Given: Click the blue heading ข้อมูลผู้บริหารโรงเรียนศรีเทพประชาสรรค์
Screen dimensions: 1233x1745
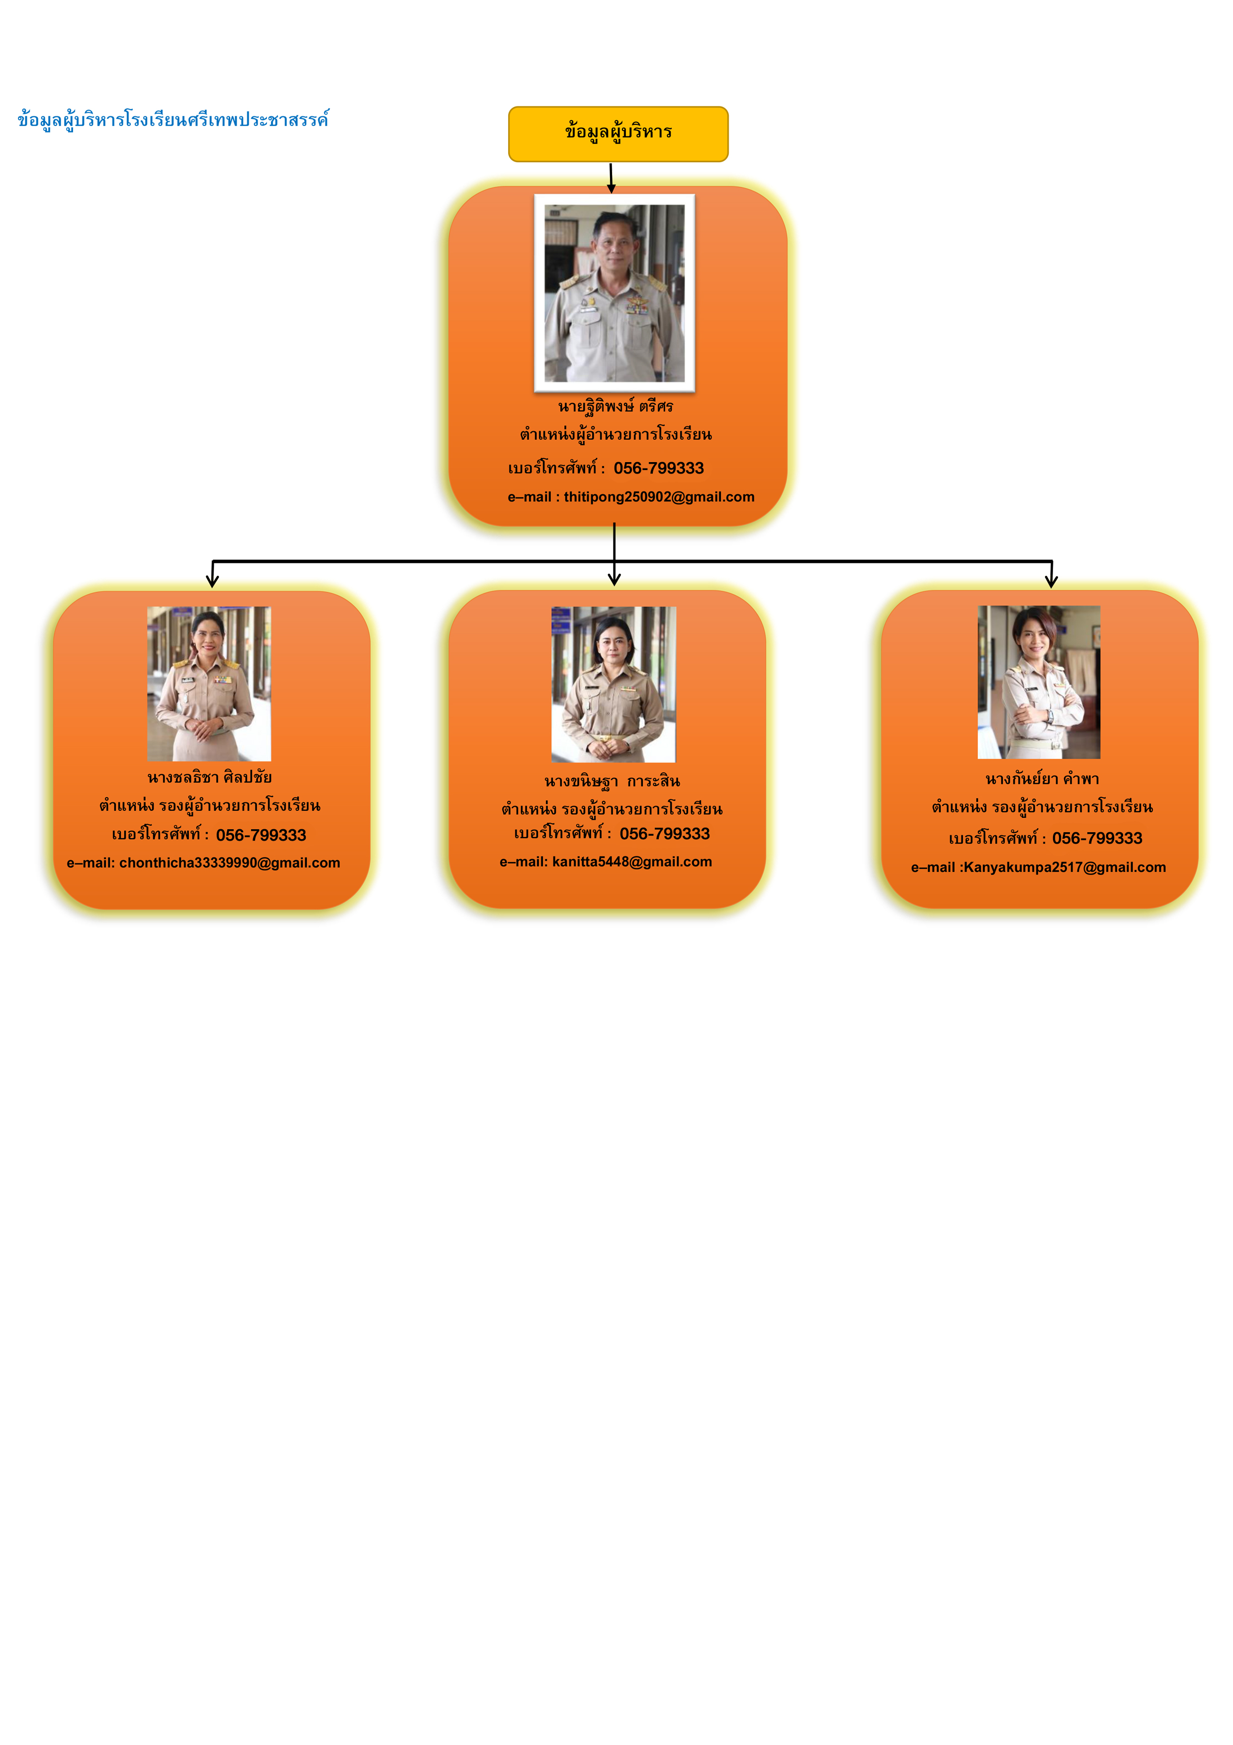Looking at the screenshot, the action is click(x=173, y=120).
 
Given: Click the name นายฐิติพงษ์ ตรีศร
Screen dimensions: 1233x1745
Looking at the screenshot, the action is click(x=616, y=406).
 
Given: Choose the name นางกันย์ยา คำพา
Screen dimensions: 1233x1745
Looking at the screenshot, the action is click(x=1042, y=779).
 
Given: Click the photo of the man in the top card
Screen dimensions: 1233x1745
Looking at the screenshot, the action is click(x=615, y=293).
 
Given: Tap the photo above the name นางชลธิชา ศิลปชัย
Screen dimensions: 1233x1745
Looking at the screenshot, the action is click(x=209, y=684).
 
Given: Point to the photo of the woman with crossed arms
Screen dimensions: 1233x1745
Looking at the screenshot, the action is click(x=1039, y=682).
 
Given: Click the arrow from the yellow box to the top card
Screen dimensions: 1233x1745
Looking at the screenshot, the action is click(x=611, y=178).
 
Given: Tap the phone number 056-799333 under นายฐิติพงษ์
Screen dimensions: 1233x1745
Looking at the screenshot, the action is click(x=659, y=468).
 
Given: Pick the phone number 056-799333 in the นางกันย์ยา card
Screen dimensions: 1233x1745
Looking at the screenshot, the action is click(x=1097, y=838).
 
